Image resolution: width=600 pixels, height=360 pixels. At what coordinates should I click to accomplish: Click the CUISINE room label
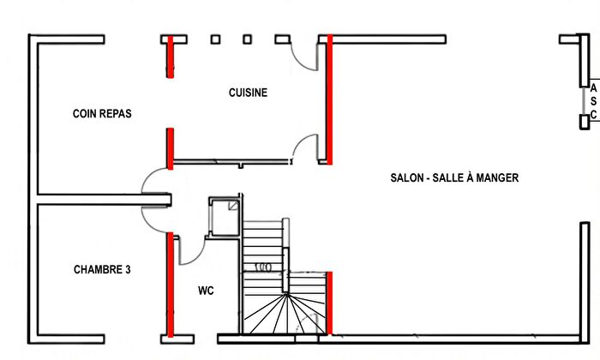click(248, 93)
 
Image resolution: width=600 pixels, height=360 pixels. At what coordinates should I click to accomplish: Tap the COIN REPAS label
click(103, 113)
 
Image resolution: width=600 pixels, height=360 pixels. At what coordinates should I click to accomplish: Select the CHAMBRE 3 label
click(102, 269)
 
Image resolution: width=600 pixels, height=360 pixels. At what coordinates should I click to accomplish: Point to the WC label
click(206, 291)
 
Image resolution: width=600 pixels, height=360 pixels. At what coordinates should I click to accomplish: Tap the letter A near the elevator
click(593, 87)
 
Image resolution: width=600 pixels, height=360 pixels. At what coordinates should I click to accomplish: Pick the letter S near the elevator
click(593, 101)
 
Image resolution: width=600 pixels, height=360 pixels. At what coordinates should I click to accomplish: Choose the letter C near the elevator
click(593, 114)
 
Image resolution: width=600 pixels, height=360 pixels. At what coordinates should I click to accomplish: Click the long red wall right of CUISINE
click(329, 99)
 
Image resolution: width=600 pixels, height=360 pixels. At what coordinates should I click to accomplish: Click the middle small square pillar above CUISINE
click(247, 39)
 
